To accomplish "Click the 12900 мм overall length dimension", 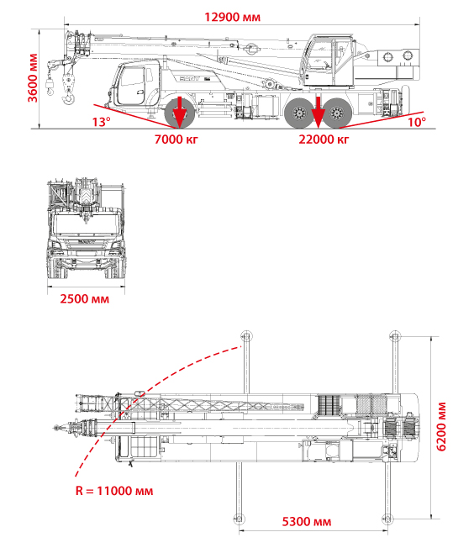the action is (232, 17).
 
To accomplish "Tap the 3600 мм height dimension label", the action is (33, 78).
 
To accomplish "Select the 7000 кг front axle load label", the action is (176, 140).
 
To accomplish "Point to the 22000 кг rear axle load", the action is (324, 140).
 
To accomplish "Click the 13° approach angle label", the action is (102, 122).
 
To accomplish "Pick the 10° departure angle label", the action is (417, 122).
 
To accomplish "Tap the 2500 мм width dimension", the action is (85, 299).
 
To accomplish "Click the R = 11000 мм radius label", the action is (114, 491).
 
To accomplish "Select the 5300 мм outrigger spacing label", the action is (307, 522).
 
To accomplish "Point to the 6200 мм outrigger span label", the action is (441, 427).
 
